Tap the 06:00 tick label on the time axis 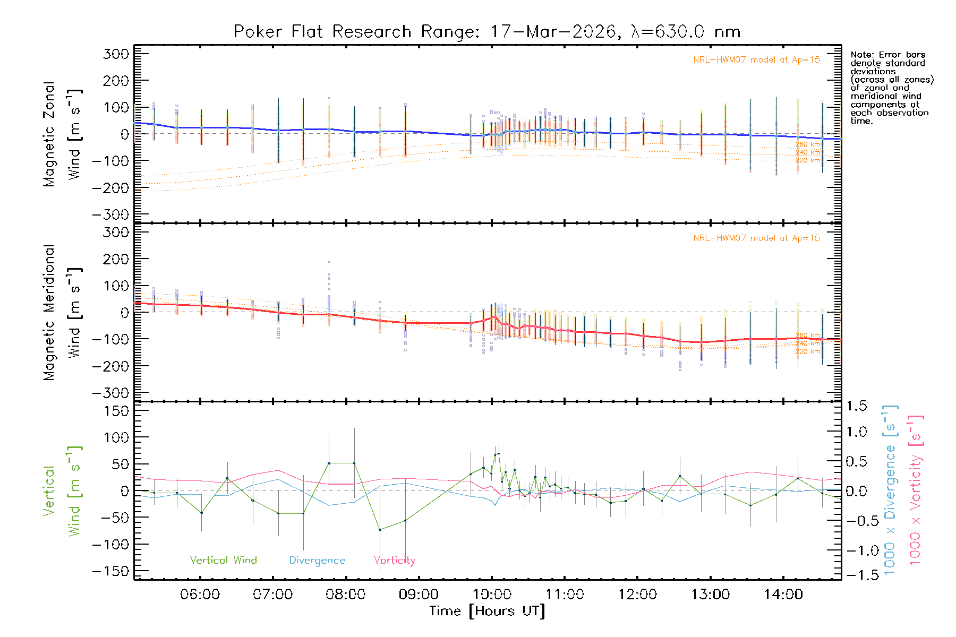200,595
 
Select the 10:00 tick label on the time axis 492,595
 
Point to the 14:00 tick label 783,595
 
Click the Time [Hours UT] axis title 486,612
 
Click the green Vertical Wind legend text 223,561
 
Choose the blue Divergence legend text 317,561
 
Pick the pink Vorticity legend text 394,561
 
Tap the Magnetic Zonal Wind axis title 62,134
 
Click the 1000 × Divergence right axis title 890,489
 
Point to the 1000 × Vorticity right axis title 915,489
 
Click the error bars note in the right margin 891,88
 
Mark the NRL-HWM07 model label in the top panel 756,60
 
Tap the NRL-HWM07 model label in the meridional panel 756,238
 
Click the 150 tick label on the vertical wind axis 116,411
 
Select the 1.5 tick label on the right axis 856,406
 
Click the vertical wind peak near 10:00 498,453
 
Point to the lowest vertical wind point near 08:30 380,530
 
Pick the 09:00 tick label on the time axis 419,595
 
